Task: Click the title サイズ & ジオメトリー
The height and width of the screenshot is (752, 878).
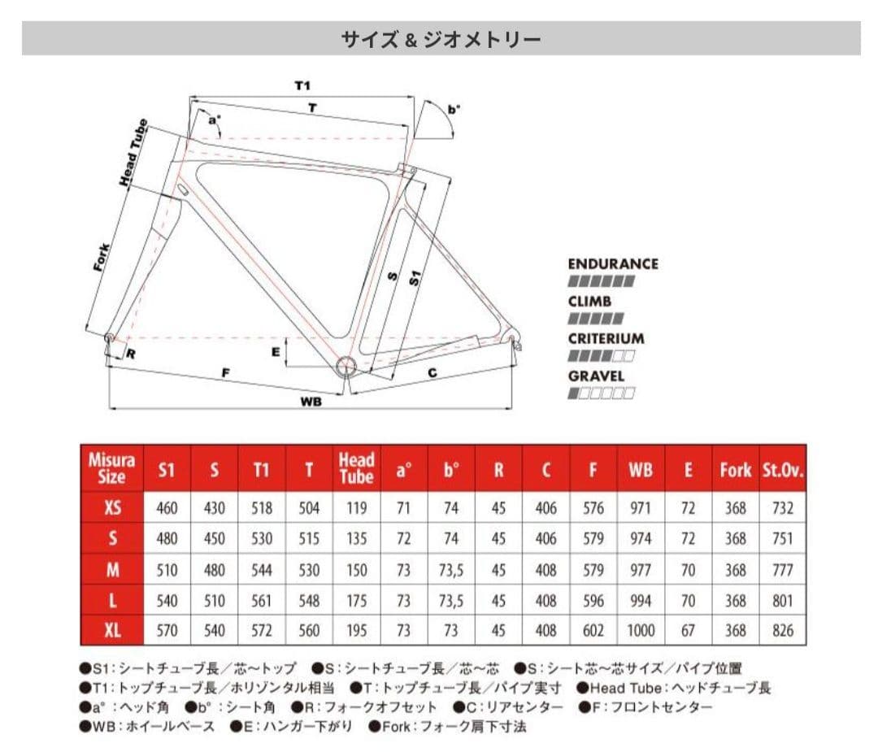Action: click(441, 38)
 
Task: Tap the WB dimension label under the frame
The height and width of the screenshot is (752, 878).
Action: click(310, 401)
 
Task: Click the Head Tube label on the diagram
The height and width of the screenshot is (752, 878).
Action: click(135, 154)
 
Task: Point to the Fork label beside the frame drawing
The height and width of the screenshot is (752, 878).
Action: click(102, 256)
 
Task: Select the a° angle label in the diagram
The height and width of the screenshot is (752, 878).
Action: click(215, 120)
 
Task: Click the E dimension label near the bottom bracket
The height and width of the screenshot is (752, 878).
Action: click(276, 351)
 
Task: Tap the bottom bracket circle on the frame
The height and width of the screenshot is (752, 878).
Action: click(345, 365)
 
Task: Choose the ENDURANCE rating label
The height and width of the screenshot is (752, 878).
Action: click(612, 263)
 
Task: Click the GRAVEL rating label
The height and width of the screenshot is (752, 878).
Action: click(596, 376)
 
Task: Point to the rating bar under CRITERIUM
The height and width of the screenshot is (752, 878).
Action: click(601, 356)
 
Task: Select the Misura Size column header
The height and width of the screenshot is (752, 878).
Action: click(111, 468)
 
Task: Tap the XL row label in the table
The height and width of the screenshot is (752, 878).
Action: click(112, 630)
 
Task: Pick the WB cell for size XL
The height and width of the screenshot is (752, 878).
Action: click(640, 630)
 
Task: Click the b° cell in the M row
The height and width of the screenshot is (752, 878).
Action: click(451, 570)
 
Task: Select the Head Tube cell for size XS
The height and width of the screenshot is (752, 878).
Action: click(356, 509)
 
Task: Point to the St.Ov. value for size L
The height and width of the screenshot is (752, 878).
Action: click(783, 600)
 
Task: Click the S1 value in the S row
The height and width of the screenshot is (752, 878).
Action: click(167, 539)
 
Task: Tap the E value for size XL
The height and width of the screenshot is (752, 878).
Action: click(688, 630)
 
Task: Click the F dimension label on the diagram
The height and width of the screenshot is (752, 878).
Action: click(226, 372)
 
